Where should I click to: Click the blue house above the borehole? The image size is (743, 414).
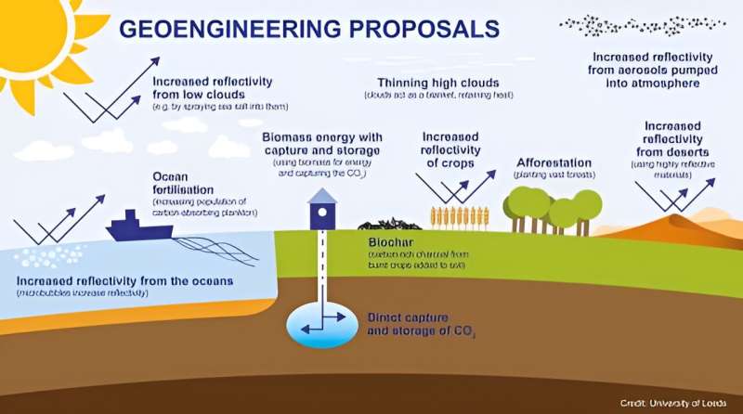tap(322, 210)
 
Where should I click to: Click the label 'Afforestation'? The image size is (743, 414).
tap(554, 163)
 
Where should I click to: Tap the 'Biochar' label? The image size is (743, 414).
tap(380, 244)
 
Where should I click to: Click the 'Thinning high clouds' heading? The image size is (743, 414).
tap(437, 83)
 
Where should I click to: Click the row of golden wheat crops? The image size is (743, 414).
tap(459, 217)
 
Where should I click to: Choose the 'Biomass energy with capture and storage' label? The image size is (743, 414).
tap(320, 144)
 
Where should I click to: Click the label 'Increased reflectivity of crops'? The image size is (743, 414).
tap(450, 149)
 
